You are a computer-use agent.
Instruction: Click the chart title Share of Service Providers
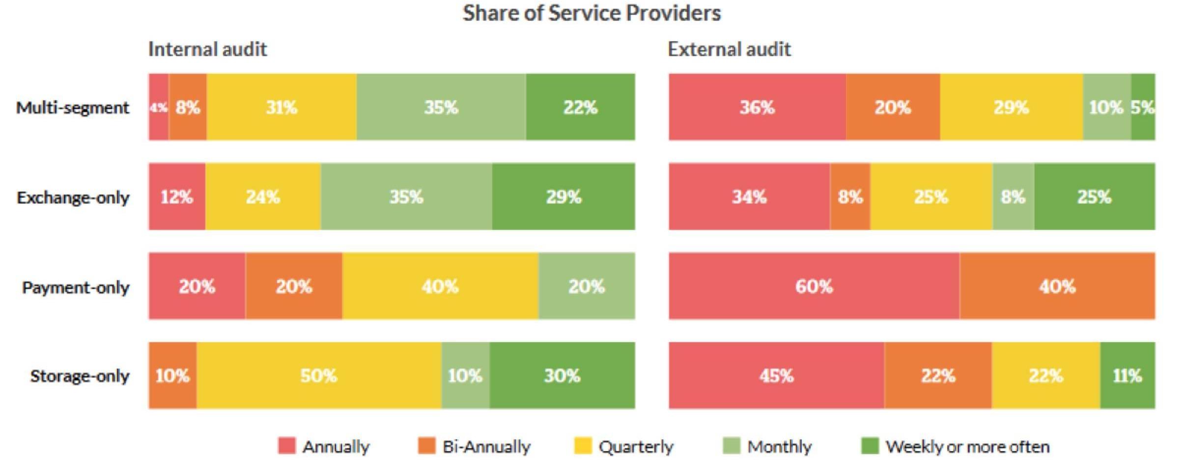coord(592,13)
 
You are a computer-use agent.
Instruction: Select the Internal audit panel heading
coord(207,49)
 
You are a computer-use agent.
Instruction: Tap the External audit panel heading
coord(729,49)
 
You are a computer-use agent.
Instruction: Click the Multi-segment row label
coord(73,107)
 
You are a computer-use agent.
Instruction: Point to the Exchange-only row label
coord(73,197)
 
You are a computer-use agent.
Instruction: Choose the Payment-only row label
coord(76,287)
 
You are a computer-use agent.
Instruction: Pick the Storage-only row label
coord(80,376)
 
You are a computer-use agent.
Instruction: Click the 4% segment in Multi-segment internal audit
coord(159,107)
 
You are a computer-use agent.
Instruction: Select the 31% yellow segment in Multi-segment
coord(282,107)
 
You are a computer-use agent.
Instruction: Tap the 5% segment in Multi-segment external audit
coord(1143,107)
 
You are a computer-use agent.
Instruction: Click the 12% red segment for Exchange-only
coord(177,197)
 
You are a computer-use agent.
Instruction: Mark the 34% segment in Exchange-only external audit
coord(749,197)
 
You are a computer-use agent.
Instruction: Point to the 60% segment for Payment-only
coord(814,286)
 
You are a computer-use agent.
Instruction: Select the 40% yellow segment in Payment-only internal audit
coord(440,286)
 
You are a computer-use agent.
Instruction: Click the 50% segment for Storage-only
coord(319,376)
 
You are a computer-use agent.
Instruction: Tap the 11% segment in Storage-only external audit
coord(1127,376)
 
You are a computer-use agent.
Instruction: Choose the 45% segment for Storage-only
coord(776,376)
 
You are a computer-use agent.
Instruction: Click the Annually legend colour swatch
coord(287,446)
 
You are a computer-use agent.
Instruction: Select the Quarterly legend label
coord(636,447)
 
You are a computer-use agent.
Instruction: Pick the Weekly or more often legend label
coord(967,447)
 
